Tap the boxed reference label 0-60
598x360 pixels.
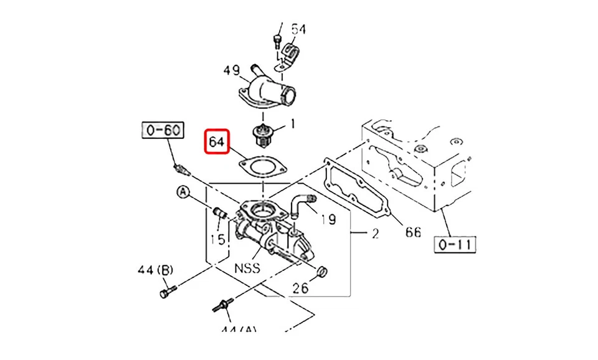point(162,130)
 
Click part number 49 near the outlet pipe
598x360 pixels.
point(232,71)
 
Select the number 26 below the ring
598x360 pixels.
point(300,288)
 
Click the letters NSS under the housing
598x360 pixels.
point(247,269)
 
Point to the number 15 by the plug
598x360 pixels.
point(217,239)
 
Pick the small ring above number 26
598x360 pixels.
point(322,271)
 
